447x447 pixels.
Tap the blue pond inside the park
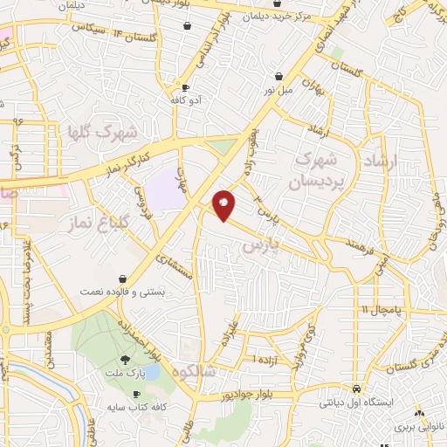coord(151,373)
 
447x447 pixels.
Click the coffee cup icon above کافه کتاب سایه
coord(136,395)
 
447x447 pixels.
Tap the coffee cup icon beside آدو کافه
coord(186,88)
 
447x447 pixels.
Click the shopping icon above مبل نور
coord(279,76)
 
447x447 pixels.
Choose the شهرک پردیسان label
coord(315,170)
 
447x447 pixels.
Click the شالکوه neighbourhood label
coord(198,371)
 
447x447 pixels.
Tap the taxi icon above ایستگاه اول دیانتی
coord(356,389)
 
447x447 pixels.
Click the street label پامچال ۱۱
coord(382,310)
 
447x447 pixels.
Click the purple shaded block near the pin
coord(164,190)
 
